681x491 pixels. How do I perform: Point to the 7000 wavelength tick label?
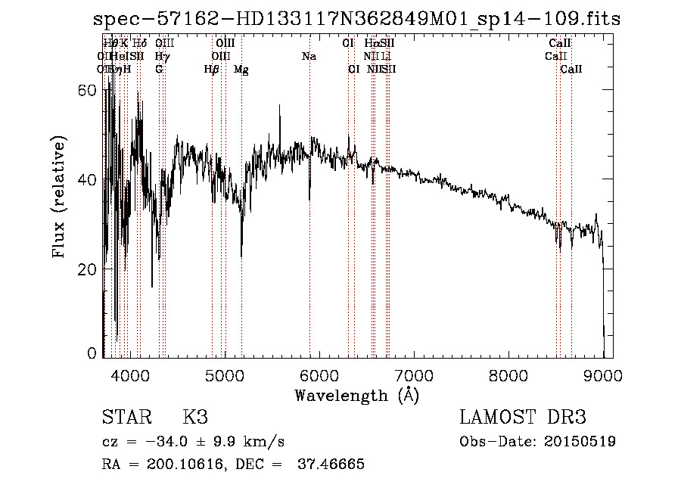coord(413,374)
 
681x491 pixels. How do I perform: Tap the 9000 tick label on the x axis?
coord(603,374)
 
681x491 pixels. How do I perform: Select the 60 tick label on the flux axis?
coord(88,90)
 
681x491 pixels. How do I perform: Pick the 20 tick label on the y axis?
coord(88,269)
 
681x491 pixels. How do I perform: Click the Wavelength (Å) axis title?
coord(356,395)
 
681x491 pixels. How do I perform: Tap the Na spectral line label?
coord(309,56)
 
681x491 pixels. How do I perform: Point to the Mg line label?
coord(241,70)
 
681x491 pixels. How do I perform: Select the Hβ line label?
coord(212,70)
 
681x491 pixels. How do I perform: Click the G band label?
coord(159,70)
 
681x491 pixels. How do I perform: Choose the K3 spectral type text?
coord(195,418)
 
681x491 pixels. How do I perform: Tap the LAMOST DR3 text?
coord(523,418)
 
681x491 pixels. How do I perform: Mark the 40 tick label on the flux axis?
coord(88,180)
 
